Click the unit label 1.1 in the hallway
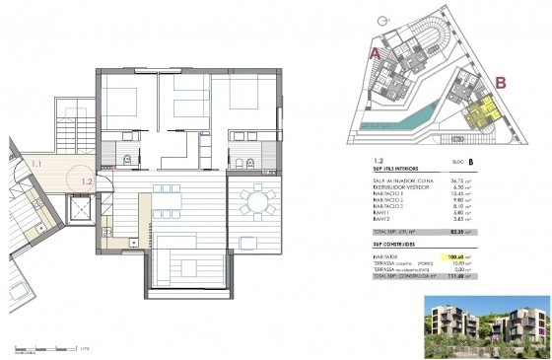36,163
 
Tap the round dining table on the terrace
258,204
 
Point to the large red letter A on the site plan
375,54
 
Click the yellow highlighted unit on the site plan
479,116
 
